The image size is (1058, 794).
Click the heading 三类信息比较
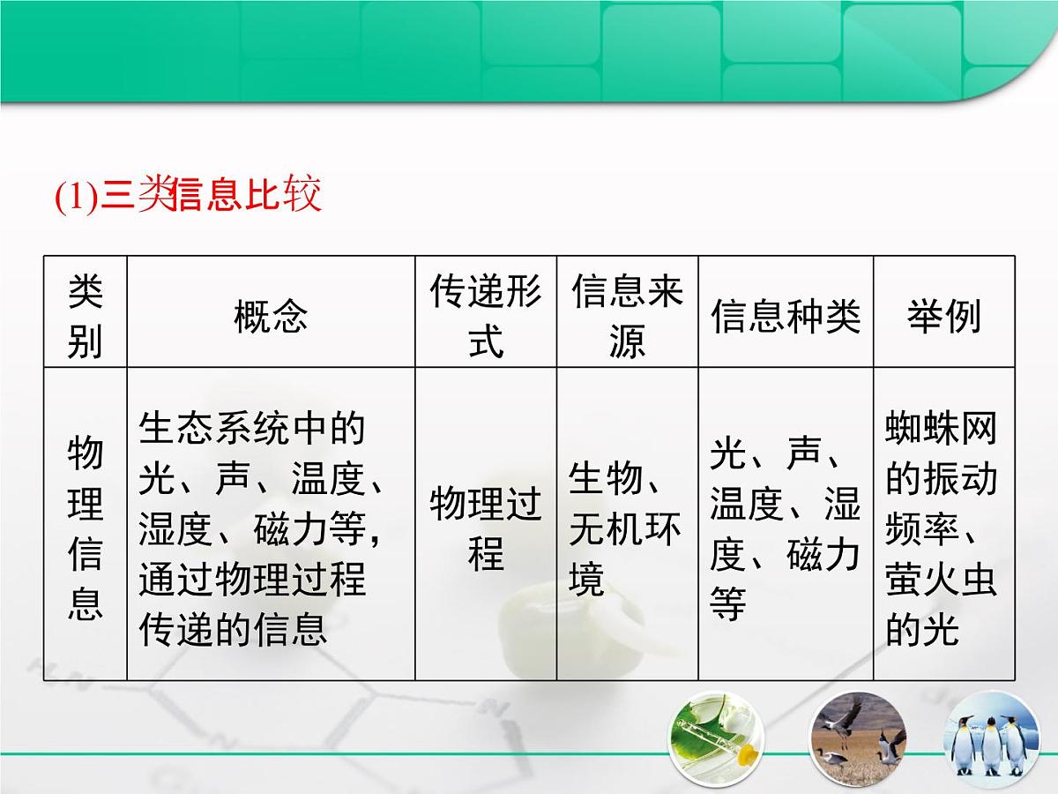click(x=212, y=196)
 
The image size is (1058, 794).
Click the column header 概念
click(x=271, y=315)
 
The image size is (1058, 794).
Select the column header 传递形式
click(x=486, y=315)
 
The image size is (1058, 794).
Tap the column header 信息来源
click(x=627, y=315)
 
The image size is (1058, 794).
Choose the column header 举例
click(x=943, y=315)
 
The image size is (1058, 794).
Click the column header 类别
click(x=86, y=315)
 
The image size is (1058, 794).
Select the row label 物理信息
click(x=86, y=529)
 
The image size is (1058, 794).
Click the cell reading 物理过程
click(x=486, y=529)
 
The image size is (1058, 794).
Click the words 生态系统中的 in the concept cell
click(x=251, y=429)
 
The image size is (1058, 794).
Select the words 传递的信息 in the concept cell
click(x=233, y=631)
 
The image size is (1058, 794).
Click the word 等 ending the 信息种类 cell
click(x=728, y=605)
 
